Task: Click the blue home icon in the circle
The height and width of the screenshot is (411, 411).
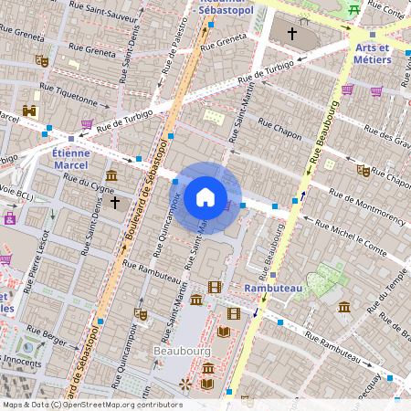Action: tap(205, 197)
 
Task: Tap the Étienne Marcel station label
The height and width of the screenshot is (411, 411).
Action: tap(70, 159)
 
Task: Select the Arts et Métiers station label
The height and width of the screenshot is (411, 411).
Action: tap(372, 53)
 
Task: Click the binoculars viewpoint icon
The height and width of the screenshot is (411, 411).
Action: tap(29, 111)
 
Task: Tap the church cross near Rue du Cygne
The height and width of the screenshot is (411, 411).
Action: tap(114, 201)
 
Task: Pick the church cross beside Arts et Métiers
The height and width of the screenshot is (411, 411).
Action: tap(292, 34)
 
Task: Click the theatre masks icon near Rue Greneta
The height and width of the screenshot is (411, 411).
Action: tap(41, 60)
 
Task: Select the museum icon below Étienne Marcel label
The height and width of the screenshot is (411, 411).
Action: tap(111, 174)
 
